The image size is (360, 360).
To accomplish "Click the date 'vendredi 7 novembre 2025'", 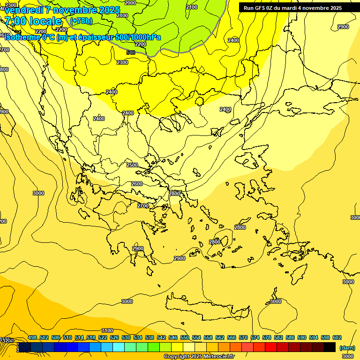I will coord(62,10).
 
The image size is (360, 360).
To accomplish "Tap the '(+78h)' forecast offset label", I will coord(81,21).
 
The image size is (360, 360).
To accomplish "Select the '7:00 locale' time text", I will coord(33,21).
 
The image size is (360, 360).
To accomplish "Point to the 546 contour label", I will coord(131,52).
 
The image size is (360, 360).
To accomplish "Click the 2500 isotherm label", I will coord(132,165).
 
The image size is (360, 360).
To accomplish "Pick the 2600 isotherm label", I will coord(137,184).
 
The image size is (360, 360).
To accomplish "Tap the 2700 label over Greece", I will coord(143,206).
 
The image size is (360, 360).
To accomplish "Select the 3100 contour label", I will coord(107,330).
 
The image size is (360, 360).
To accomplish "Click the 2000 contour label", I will coord(131,3).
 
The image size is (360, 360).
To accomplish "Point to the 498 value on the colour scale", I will coord(32,337).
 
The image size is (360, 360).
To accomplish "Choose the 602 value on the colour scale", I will coord(337,337).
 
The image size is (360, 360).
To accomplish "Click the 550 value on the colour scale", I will coord(185,337).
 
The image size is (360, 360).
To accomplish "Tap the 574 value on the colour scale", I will coord(255,337).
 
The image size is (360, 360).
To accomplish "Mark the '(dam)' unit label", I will coord(347,348).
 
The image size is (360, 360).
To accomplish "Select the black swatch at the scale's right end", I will coord(330,347).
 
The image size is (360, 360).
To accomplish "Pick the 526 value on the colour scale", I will coord(114,337).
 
